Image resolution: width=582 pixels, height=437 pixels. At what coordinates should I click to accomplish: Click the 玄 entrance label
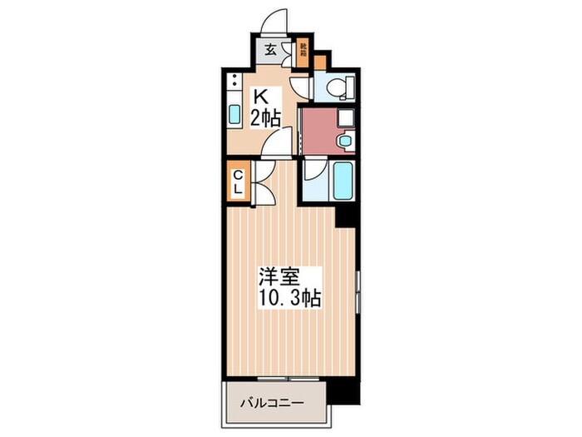pyautogui.click(x=270, y=49)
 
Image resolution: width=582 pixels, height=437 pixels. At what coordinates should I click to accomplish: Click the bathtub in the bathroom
pyautogui.click(x=344, y=180)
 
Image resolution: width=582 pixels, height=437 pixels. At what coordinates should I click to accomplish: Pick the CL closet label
pyautogui.click(x=237, y=181)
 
